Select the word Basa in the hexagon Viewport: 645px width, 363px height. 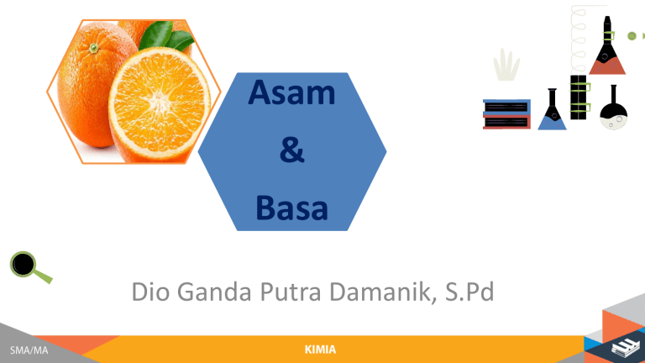(291, 206)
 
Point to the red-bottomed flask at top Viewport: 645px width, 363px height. (606, 50)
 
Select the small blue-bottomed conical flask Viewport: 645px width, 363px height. (552, 112)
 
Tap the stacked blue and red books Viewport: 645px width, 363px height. (506, 114)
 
